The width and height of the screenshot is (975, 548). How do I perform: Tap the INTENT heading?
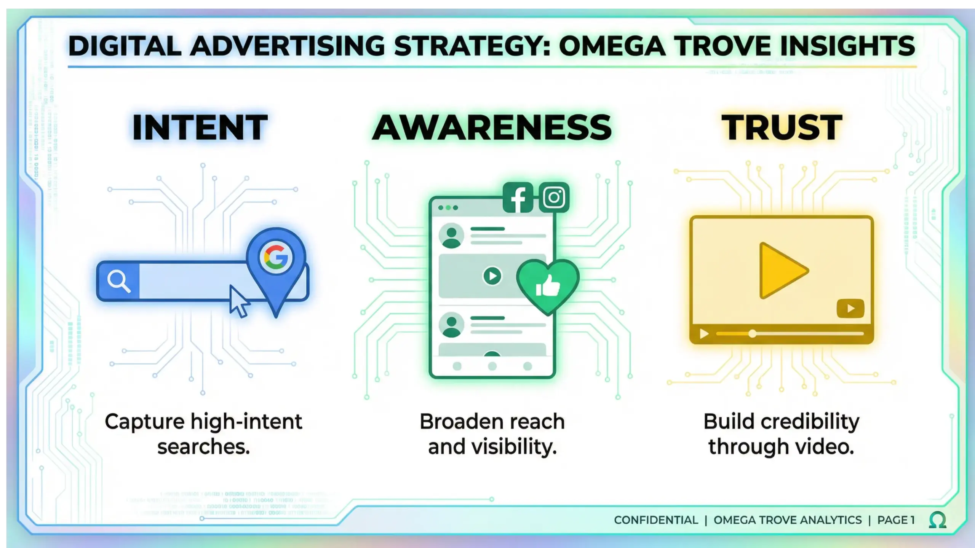point(200,127)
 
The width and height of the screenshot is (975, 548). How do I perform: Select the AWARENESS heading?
point(492,127)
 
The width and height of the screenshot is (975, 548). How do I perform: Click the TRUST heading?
point(782,127)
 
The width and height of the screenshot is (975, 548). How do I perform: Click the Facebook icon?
point(518,198)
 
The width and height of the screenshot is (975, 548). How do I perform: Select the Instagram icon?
point(554,198)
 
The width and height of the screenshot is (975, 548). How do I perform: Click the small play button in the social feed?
point(492,276)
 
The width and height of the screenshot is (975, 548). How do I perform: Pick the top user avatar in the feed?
point(451,236)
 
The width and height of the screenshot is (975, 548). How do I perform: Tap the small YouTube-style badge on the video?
point(850,308)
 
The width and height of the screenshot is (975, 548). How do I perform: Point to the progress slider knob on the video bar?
point(752,334)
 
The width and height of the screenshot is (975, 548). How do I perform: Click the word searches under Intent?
point(203,446)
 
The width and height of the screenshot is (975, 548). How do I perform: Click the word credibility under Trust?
point(810,422)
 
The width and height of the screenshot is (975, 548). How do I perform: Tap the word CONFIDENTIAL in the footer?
point(656,520)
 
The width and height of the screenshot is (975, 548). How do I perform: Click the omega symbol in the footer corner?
point(937,520)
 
